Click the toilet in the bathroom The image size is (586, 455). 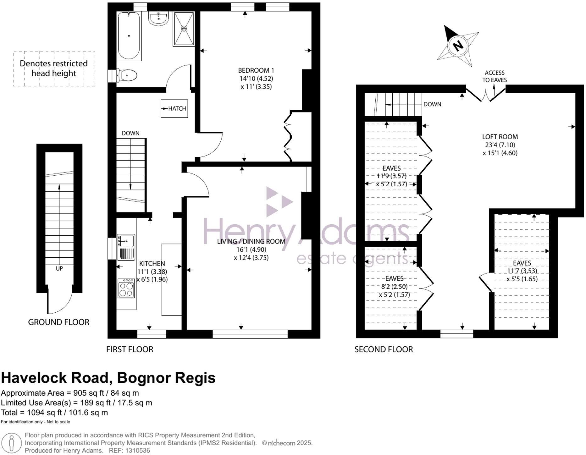pyautogui.click(x=127, y=75)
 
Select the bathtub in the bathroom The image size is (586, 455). pyautogui.click(x=129, y=36)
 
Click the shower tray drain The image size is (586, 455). pyautogui.click(x=184, y=29)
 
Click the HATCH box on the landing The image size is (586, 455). pyautogui.click(x=174, y=108)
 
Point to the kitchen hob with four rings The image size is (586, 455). pyautogui.click(x=126, y=288)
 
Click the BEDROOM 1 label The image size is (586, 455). pyautogui.click(x=256, y=70)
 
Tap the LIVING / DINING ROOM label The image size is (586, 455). pyautogui.click(x=251, y=241)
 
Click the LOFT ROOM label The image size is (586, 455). pyautogui.click(x=500, y=137)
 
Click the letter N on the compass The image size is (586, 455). pyautogui.click(x=458, y=46)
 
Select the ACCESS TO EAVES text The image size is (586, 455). pyautogui.click(x=495, y=76)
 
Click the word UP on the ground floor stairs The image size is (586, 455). pyautogui.click(x=59, y=269)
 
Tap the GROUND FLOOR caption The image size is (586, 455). pyautogui.click(x=59, y=322)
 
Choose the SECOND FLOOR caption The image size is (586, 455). pyautogui.click(x=384, y=349)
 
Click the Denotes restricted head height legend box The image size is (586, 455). pyautogui.click(x=54, y=69)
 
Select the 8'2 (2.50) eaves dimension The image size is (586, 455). pyautogui.click(x=394, y=287)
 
